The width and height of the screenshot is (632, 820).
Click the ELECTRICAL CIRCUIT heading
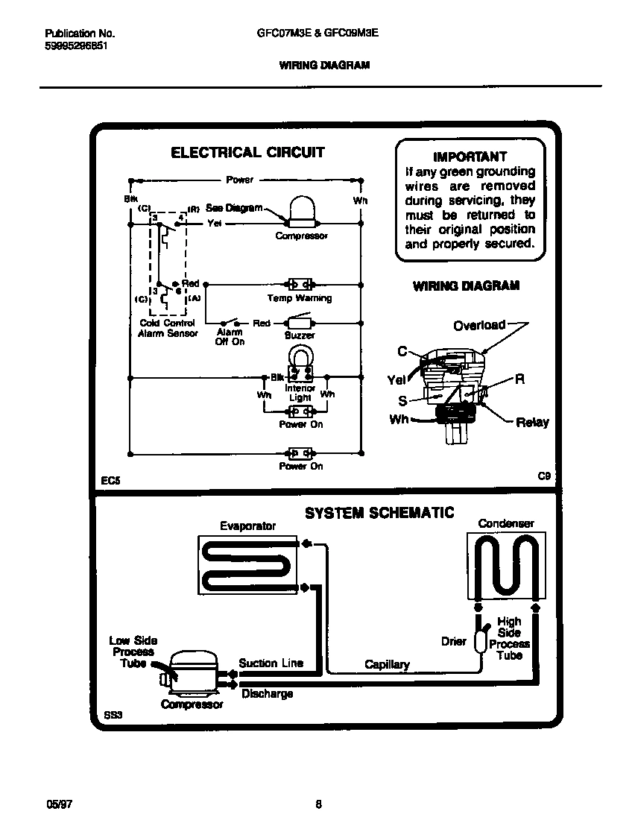[x=247, y=153]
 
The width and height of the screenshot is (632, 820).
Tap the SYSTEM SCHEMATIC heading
[x=379, y=513]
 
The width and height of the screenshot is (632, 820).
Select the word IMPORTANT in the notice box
[x=470, y=157]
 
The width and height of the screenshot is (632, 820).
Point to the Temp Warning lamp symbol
[x=300, y=285]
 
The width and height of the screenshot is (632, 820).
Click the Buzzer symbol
[x=300, y=324]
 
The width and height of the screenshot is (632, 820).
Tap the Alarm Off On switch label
[x=230, y=337]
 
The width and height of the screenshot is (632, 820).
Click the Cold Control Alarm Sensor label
[x=168, y=329]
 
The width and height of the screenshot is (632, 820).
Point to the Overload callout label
[x=478, y=325]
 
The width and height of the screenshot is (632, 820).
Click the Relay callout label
[x=532, y=423]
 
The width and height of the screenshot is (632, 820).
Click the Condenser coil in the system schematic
[x=506, y=564]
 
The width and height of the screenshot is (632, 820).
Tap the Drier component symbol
[x=480, y=639]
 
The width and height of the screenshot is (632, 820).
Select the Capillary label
[x=387, y=664]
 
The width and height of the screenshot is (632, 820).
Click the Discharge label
[x=267, y=694]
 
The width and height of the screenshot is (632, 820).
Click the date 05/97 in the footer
[x=59, y=804]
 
